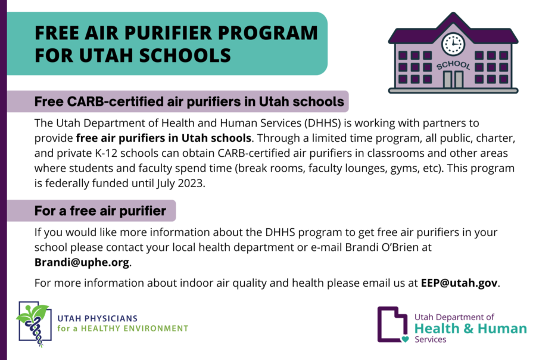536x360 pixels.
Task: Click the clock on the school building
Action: (x=453, y=44)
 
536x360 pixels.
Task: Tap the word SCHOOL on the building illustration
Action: (x=453, y=65)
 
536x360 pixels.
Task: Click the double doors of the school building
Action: (x=453, y=79)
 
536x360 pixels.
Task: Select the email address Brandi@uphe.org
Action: (x=82, y=262)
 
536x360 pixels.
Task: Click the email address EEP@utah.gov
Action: (x=459, y=283)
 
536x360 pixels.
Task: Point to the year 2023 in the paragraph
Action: (x=190, y=183)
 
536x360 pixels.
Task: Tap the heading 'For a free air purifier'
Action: (x=100, y=211)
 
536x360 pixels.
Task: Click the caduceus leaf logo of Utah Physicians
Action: (x=34, y=324)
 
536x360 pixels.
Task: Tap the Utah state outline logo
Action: (x=392, y=324)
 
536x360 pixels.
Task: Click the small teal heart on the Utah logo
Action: (x=405, y=339)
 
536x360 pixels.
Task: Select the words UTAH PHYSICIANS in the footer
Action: (x=98, y=319)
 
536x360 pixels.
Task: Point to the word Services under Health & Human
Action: (x=431, y=340)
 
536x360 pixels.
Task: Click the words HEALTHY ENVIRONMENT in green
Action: (x=135, y=328)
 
